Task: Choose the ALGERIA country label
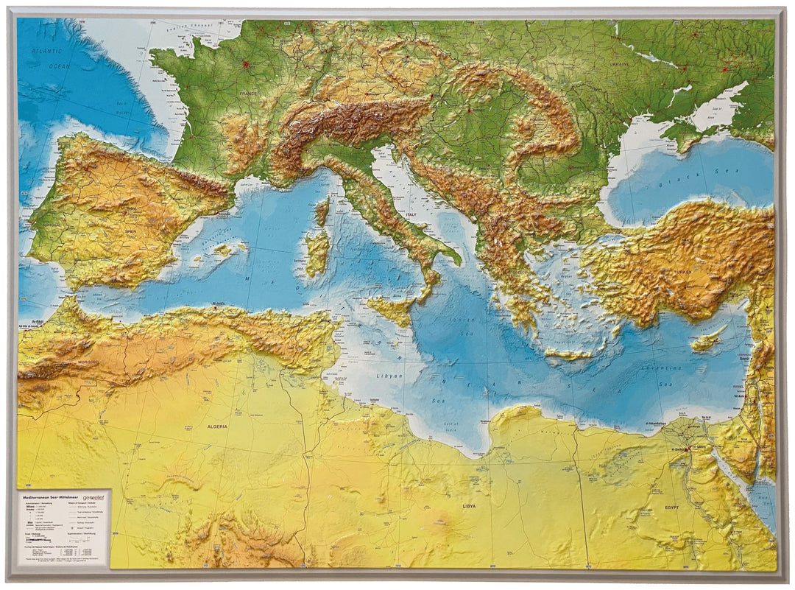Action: tap(216, 426)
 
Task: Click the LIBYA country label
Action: tap(468, 507)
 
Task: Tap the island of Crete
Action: tap(568, 354)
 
